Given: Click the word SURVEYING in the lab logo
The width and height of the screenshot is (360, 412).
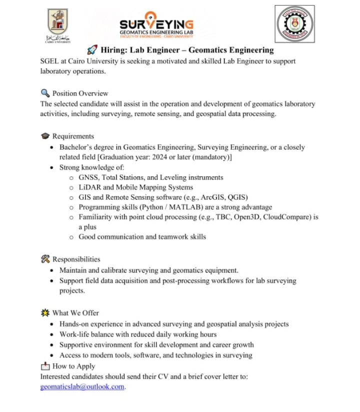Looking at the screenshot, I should tap(156, 24).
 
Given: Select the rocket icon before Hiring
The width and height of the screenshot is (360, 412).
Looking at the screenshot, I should tap(91, 50).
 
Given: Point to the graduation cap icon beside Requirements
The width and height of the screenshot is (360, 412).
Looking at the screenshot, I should tap(45, 136).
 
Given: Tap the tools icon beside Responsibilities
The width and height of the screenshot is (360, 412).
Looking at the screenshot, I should tap(45, 259).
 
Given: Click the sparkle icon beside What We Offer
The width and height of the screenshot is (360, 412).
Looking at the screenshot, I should tap(45, 313).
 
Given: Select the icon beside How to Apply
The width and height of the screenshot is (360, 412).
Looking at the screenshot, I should tap(45, 366).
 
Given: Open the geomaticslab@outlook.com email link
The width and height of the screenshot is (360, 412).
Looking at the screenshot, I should tap(82, 387).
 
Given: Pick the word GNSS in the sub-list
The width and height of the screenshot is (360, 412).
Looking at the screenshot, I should tap(89, 177).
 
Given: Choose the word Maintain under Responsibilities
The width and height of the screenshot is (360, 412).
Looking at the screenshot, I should tap(74, 270).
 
